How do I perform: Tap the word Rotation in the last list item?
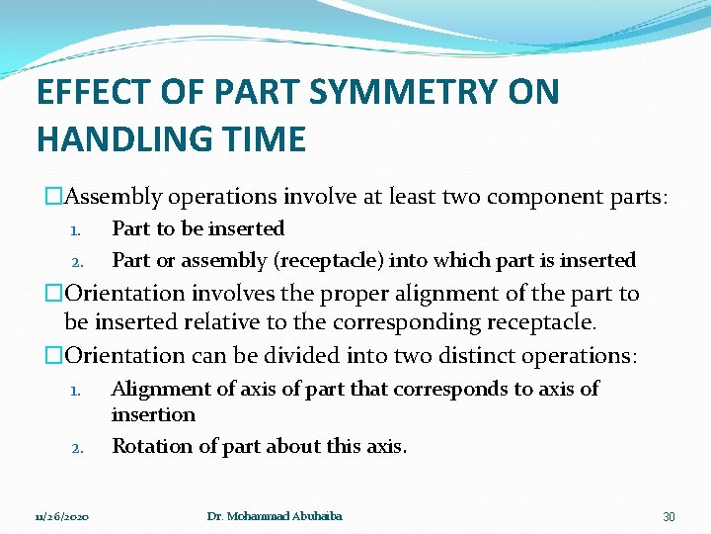(x=150, y=446)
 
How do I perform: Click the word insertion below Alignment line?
(x=153, y=414)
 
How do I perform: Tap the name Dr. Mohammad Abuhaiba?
(x=275, y=517)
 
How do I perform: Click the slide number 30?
(x=669, y=517)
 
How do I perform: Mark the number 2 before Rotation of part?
(x=76, y=448)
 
